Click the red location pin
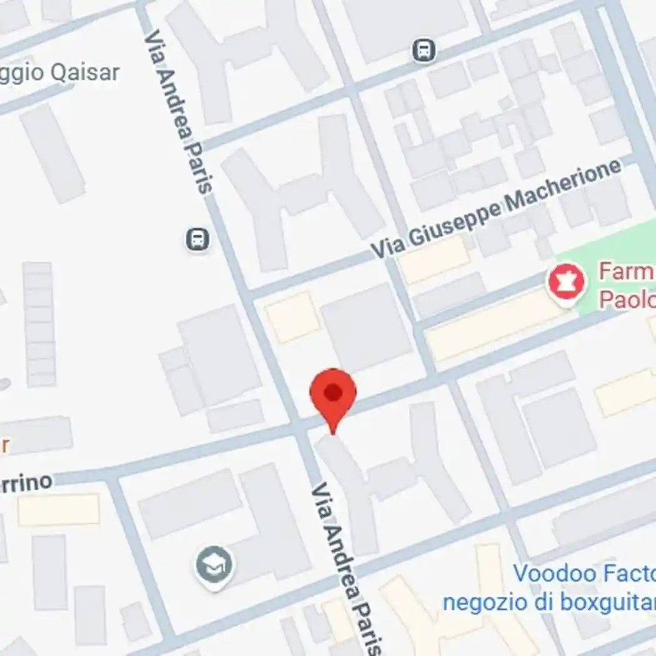(333, 397)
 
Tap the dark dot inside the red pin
(333, 393)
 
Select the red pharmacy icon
(566, 282)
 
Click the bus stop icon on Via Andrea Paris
(197, 239)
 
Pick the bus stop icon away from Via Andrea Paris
(424, 51)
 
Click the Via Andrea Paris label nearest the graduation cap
(345, 565)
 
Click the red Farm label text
(625, 272)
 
